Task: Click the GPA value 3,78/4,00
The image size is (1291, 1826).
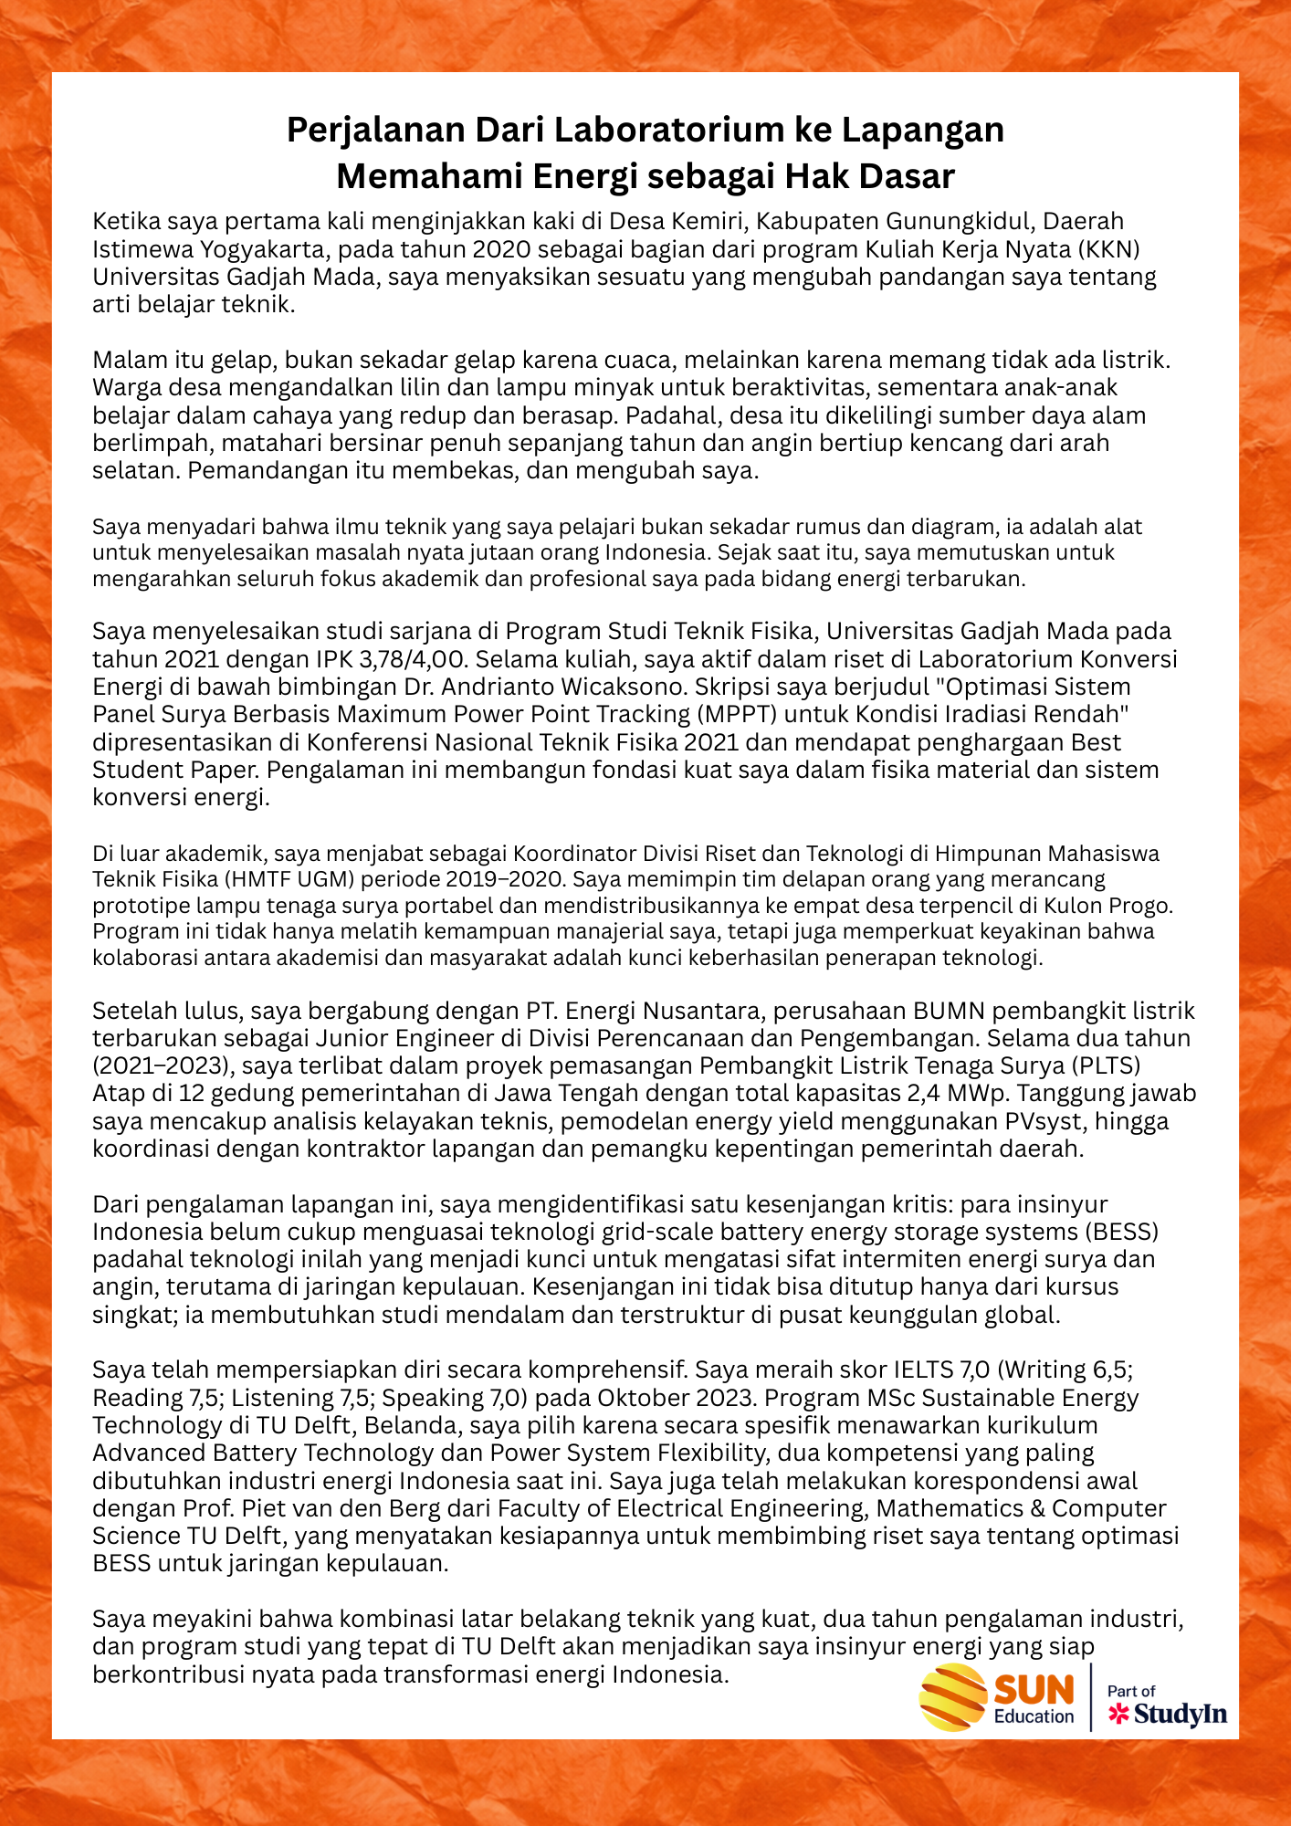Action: point(404,659)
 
